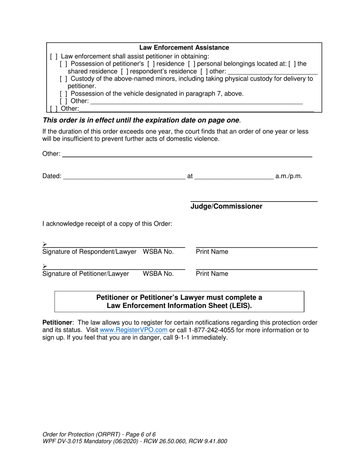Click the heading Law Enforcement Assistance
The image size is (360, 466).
click(x=184, y=48)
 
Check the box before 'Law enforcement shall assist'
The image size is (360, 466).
click(x=53, y=56)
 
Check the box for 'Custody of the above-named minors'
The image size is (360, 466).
click(x=64, y=79)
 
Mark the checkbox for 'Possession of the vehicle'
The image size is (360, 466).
click(x=64, y=94)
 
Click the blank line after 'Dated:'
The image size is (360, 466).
click(x=124, y=176)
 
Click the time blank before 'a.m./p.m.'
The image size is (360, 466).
click(x=233, y=176)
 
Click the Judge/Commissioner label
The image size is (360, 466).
click(x=226, y=206)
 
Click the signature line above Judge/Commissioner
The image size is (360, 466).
click(x=254, y=201)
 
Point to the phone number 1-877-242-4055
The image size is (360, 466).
click(x=211, y=330)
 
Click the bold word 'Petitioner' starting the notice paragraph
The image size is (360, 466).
click(x=57, y=322)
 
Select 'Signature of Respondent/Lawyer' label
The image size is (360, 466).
click(x=89, y=252)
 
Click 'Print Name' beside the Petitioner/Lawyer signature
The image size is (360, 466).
click(x=212, y=274)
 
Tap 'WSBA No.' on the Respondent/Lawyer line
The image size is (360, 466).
click(x=158, y=252)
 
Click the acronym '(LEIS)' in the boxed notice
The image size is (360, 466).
click(x=240, y=306)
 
